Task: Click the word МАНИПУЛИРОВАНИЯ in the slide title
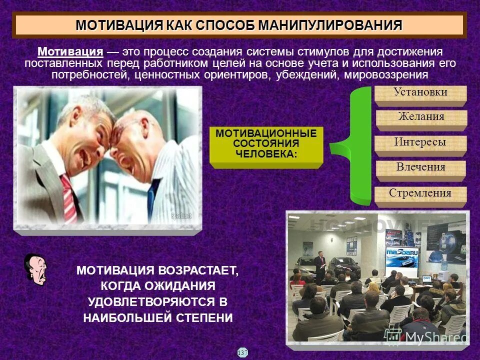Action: coord(330,25)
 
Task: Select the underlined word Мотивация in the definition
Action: coord(70,52)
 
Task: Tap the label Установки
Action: coord(420,92)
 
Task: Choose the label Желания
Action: coord(421,117)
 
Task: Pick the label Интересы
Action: coord(420,142)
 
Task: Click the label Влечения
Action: coord(420,167)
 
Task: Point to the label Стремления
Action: coord(420,193)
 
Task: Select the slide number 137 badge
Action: coord(242,352)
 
